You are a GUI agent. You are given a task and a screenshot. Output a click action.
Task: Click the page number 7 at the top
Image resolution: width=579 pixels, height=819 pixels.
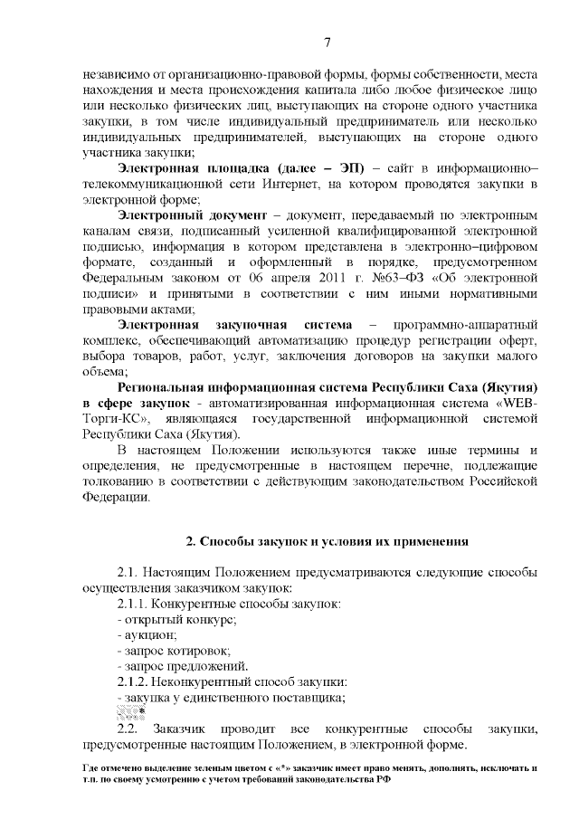(x=327, y=40)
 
